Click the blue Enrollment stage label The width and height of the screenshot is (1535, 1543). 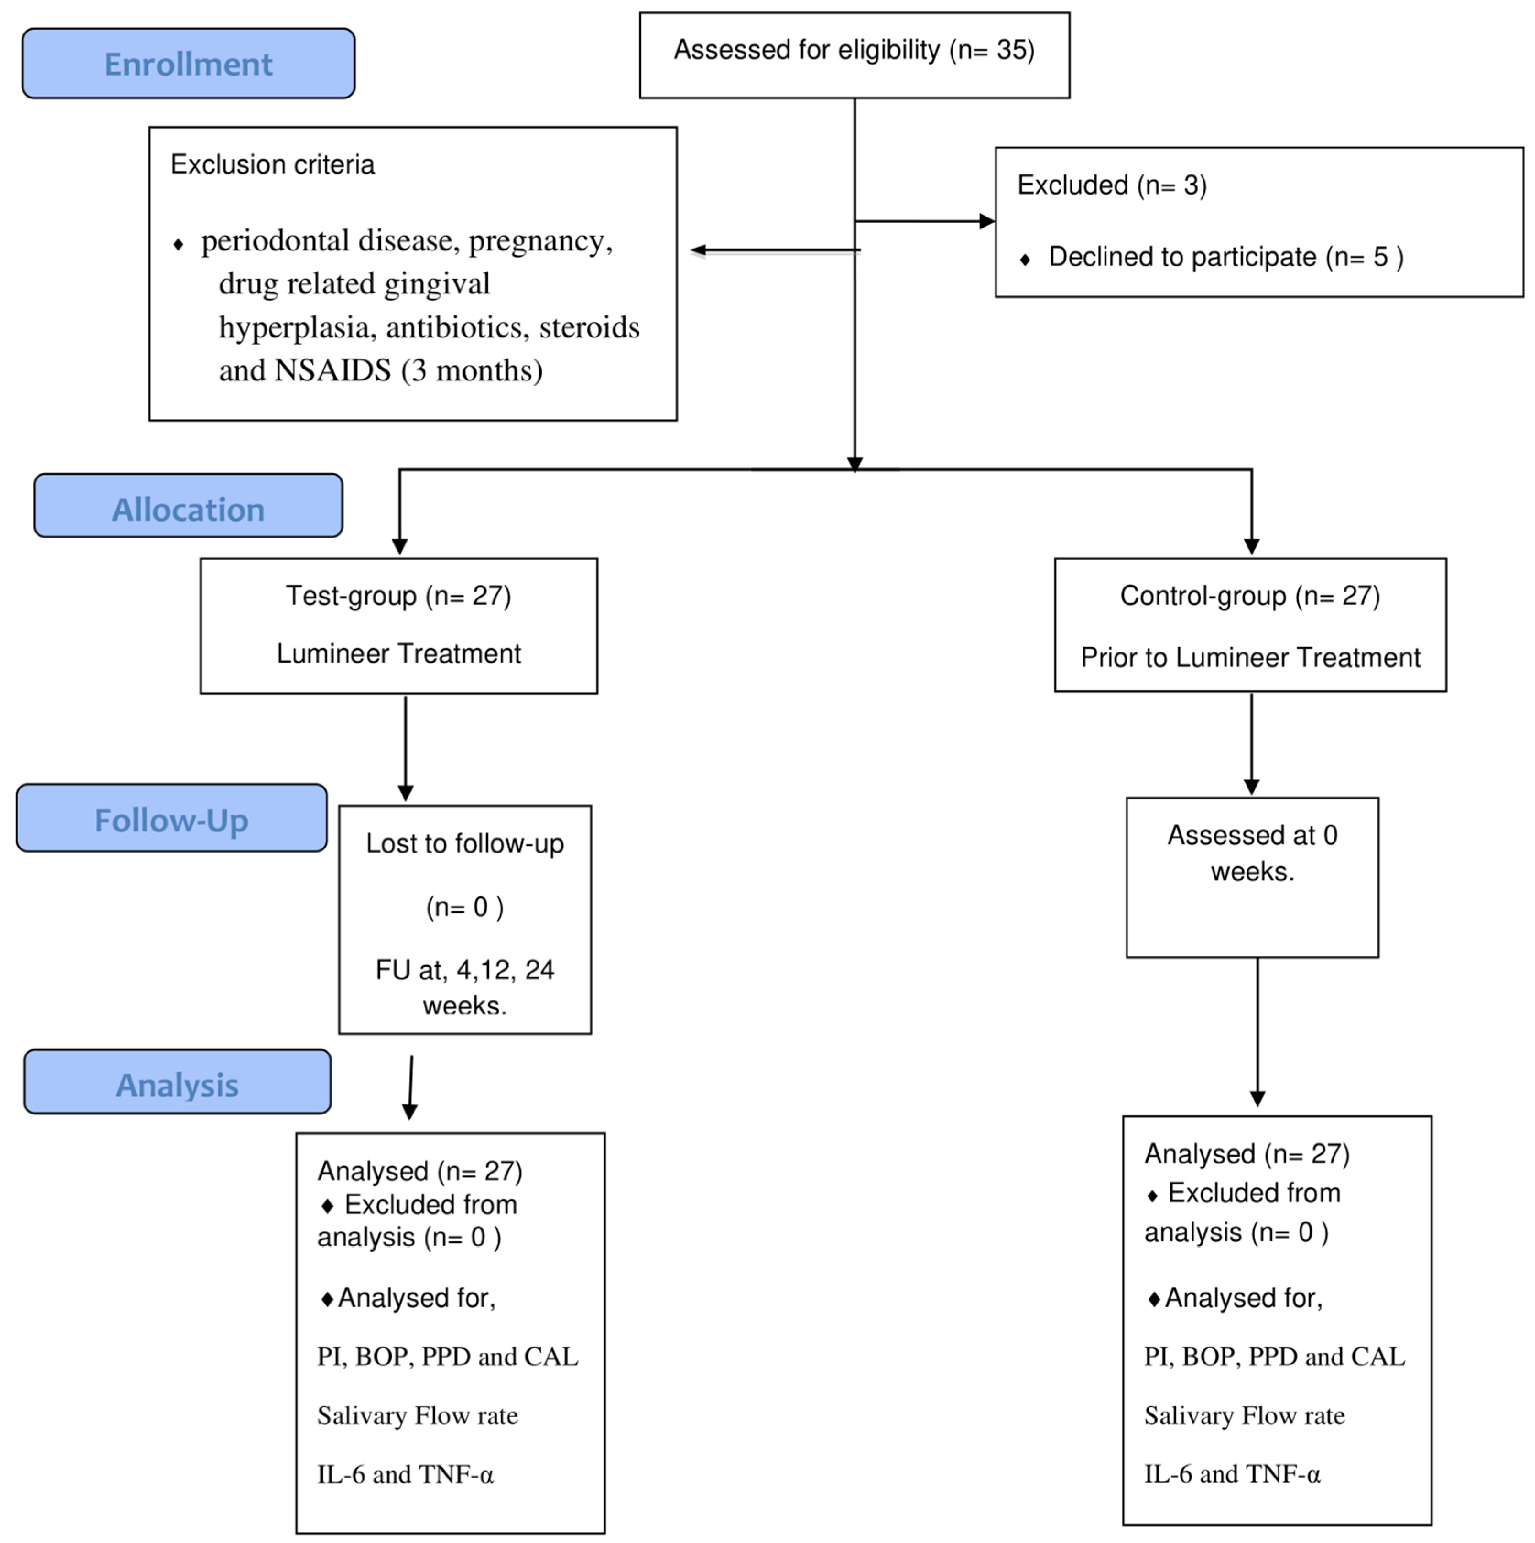[x=189, y=64]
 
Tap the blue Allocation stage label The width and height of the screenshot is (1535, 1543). [x=189, y=509]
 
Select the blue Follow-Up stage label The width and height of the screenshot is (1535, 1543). [x=172, y=820]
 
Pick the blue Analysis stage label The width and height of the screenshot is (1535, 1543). [x=177, y=1085]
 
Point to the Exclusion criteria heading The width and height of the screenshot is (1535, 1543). [x=272, y=164]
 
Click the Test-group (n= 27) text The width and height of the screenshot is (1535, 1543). [x=398, y=596]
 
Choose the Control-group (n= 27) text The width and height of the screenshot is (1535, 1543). [x=1250, y=596]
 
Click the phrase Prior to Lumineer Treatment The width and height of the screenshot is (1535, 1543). [x=1250, y=657]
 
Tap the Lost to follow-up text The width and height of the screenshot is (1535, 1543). [x=465, y=843]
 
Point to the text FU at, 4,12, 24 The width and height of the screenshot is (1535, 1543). [x=465, y=970]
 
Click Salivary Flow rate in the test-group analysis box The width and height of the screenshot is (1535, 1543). [x=417, y=1415]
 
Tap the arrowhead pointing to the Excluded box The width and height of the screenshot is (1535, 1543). [x=987, y=221]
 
